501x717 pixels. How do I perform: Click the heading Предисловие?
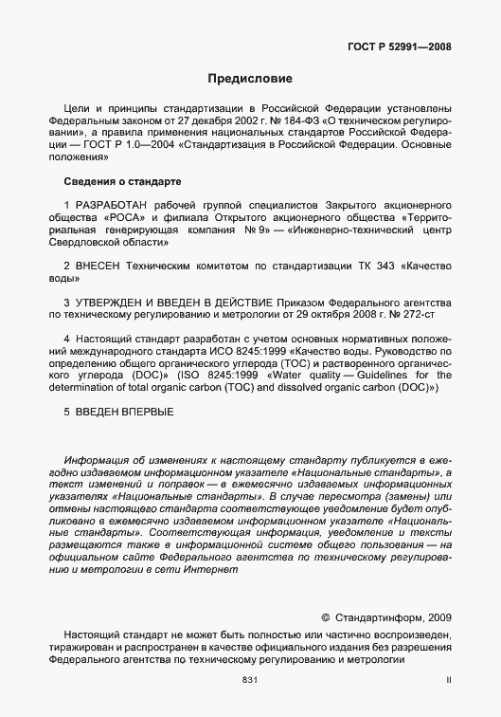(x=250, y=78)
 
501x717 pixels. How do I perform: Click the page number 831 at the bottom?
(x=250, y=680)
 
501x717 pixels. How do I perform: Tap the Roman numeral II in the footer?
(x=449, y=680)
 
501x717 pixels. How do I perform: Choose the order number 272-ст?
(x=417, y=313)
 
